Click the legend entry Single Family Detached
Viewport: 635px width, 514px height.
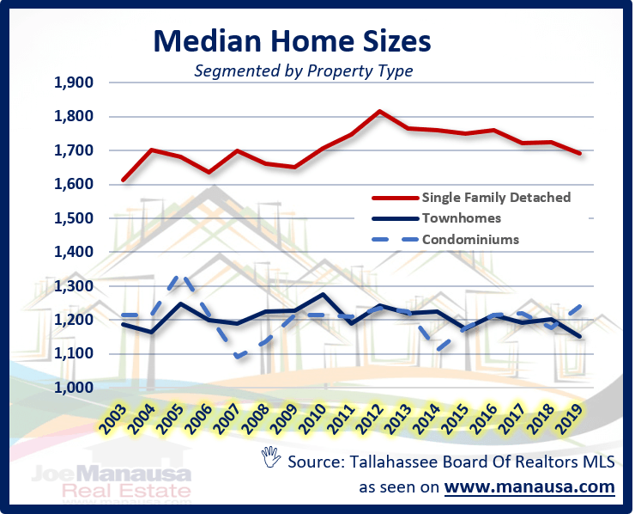tap(496, 197)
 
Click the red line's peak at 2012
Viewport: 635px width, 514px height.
tap(380, 111)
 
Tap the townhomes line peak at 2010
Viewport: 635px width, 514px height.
tap(322, 295)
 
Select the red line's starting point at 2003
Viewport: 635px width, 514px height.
tap(124, 180)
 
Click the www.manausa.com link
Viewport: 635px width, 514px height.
tap(529, 487)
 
